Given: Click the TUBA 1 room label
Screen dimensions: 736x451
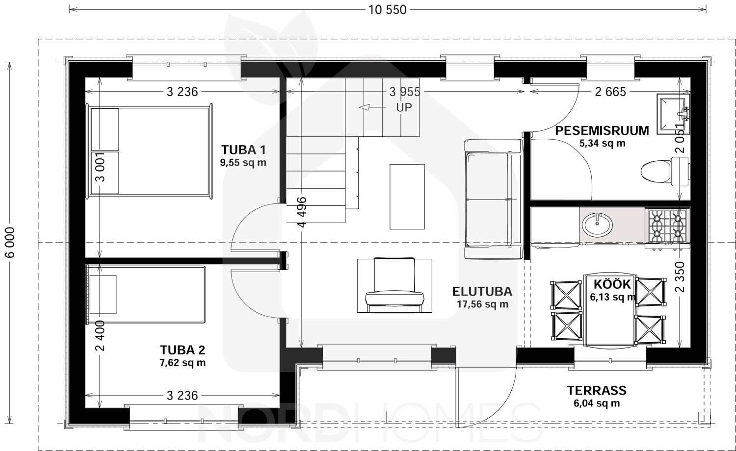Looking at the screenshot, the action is point(243,150).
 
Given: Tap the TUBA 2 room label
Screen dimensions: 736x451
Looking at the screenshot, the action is point(183,350).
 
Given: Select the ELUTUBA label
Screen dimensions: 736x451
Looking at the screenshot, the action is point(482,292).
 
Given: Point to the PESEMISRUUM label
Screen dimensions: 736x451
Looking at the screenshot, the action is point(602,130).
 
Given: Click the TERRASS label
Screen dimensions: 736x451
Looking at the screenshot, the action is point(597,391).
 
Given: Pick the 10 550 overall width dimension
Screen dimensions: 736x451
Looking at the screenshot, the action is point(388,10).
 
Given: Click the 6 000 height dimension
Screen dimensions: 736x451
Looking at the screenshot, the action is point(10,243).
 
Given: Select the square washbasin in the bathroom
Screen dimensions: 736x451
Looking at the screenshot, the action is point(673,114).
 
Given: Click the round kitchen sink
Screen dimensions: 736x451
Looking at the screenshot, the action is point(597,225).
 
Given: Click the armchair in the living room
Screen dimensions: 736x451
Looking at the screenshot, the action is point(394,285).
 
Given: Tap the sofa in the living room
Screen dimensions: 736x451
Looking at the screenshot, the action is point(494,199).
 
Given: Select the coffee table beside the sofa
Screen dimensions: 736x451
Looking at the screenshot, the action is point(407,197).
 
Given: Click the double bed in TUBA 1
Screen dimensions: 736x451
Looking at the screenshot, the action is point(149,151).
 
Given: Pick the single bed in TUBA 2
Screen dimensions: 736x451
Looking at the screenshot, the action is point(146,295).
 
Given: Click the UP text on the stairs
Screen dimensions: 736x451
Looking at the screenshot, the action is point(404,108).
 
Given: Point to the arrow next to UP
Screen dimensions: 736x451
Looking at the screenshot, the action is point(372,107).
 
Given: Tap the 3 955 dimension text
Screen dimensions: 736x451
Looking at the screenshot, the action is point(405,92).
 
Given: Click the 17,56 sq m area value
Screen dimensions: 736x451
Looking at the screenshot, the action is point(482,304).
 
